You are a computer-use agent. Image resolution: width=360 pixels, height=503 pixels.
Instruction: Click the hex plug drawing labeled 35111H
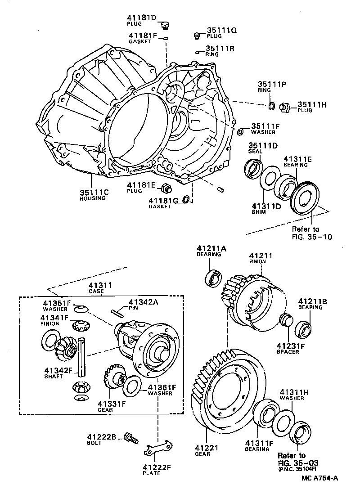point(284,107)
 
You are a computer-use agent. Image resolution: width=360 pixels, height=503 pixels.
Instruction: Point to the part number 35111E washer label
point(265,127)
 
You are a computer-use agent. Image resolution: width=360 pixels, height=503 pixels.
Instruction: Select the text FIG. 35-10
point(311,237)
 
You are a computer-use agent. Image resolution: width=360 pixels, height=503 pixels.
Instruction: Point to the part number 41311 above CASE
point(100,285)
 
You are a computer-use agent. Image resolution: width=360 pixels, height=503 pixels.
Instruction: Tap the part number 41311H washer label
point(294,392)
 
